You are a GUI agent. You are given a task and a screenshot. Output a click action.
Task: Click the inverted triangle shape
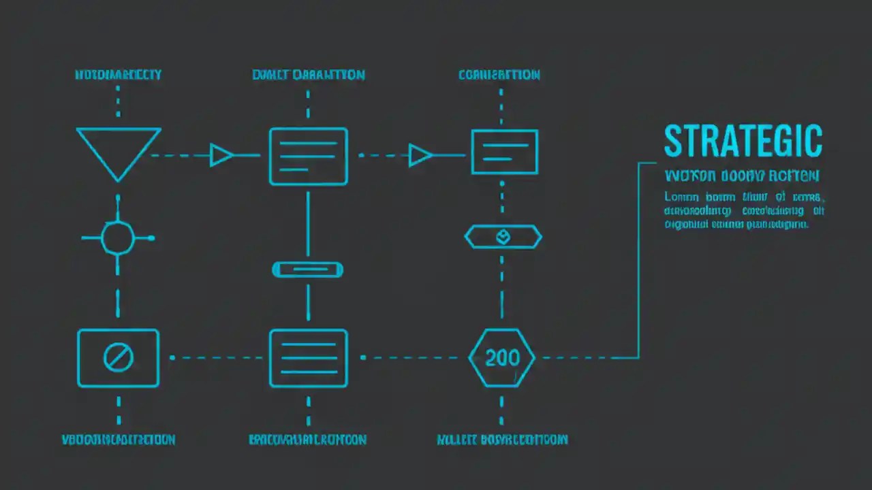(x=119, y=150)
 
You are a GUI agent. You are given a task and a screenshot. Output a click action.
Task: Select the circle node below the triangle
(x=118, y=238)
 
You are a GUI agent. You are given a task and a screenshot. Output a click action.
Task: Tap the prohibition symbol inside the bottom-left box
(x=118, y=357)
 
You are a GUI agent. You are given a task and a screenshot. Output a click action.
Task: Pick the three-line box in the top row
(x=308, y=156)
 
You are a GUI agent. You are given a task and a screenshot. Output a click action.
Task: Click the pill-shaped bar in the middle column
(x=308, y=270)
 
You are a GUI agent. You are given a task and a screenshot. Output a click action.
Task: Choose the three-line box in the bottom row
(x=308, y=358)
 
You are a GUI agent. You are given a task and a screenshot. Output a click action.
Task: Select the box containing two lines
(x=504, y=151)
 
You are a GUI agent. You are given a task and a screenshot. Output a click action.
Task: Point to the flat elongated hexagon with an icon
(x=503, y=237)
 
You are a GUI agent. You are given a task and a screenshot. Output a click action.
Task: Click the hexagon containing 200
(x=502, y=358)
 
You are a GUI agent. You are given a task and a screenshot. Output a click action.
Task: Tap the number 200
(x=502, y=358)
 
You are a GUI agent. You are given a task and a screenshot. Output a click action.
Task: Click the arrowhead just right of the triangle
(x=221, y=155)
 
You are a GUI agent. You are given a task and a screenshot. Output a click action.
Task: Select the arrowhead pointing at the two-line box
(x=420, y=155)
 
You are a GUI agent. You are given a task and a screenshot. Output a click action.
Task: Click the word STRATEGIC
(x=743, y=142)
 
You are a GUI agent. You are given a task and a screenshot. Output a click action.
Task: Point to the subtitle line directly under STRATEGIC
(x=742, y=176)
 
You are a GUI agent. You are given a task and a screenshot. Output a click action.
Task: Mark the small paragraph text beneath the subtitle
(x=744, y=210)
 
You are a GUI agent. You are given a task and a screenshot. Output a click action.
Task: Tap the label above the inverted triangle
(x=118, y=75)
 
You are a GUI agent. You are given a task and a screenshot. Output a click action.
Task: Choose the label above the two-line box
(x=499, y=75)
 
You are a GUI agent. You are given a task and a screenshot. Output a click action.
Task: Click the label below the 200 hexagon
(x=502, y=440)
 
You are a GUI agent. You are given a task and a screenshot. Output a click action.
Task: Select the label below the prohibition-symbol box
(x=119, y=440)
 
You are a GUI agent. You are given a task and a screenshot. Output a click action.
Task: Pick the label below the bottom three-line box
(x=308, y=440)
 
